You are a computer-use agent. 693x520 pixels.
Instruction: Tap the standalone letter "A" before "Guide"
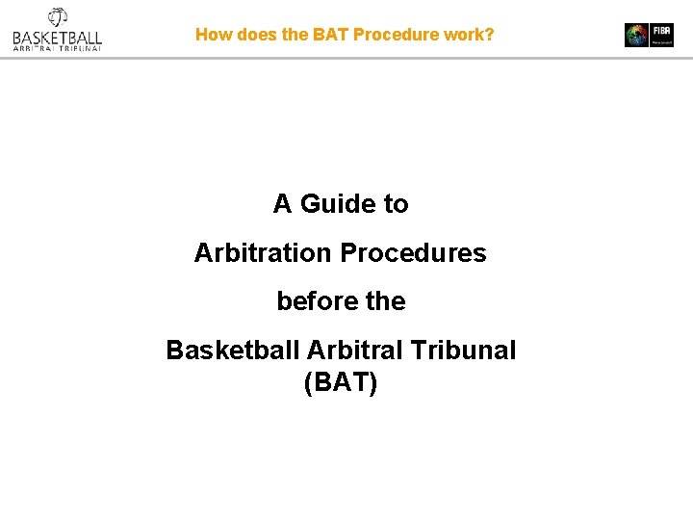tap(282, 204)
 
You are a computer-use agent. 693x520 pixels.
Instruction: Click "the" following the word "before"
tap(385, 301)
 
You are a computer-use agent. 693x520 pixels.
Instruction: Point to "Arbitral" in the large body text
tap(347, 351)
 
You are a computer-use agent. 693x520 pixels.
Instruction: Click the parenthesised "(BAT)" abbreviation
tap(341, 383)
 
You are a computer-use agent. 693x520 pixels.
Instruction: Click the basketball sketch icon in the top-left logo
tap(57, 17)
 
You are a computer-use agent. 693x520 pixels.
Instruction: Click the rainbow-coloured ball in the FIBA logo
tap(636, 36)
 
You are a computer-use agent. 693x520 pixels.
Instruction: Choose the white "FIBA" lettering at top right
tap(661, 30)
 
